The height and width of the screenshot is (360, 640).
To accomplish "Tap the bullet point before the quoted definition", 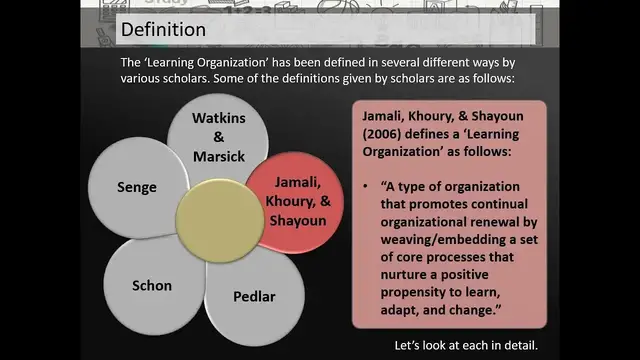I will [368, 187].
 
